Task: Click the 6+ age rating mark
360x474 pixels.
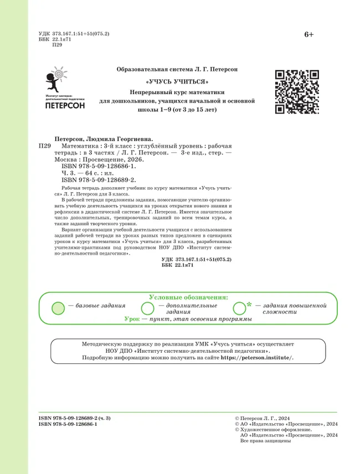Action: tap(308, 35)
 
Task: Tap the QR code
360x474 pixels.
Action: tap(296, 91)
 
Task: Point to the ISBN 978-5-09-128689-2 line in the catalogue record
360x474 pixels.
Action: tap(99, 180)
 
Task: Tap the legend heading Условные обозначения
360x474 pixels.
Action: tap(188, 297)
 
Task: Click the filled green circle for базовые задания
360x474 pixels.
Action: tap(58, 308)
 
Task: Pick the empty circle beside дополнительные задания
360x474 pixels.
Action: tap(148, 308)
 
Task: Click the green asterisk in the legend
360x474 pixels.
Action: tap(249, 305)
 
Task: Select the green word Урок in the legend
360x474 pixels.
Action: tap(132, 320)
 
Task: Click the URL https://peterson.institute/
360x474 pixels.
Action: tap(257, 358)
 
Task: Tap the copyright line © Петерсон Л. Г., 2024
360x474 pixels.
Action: tap(267, 418)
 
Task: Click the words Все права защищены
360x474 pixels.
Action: tap(265, 441)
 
